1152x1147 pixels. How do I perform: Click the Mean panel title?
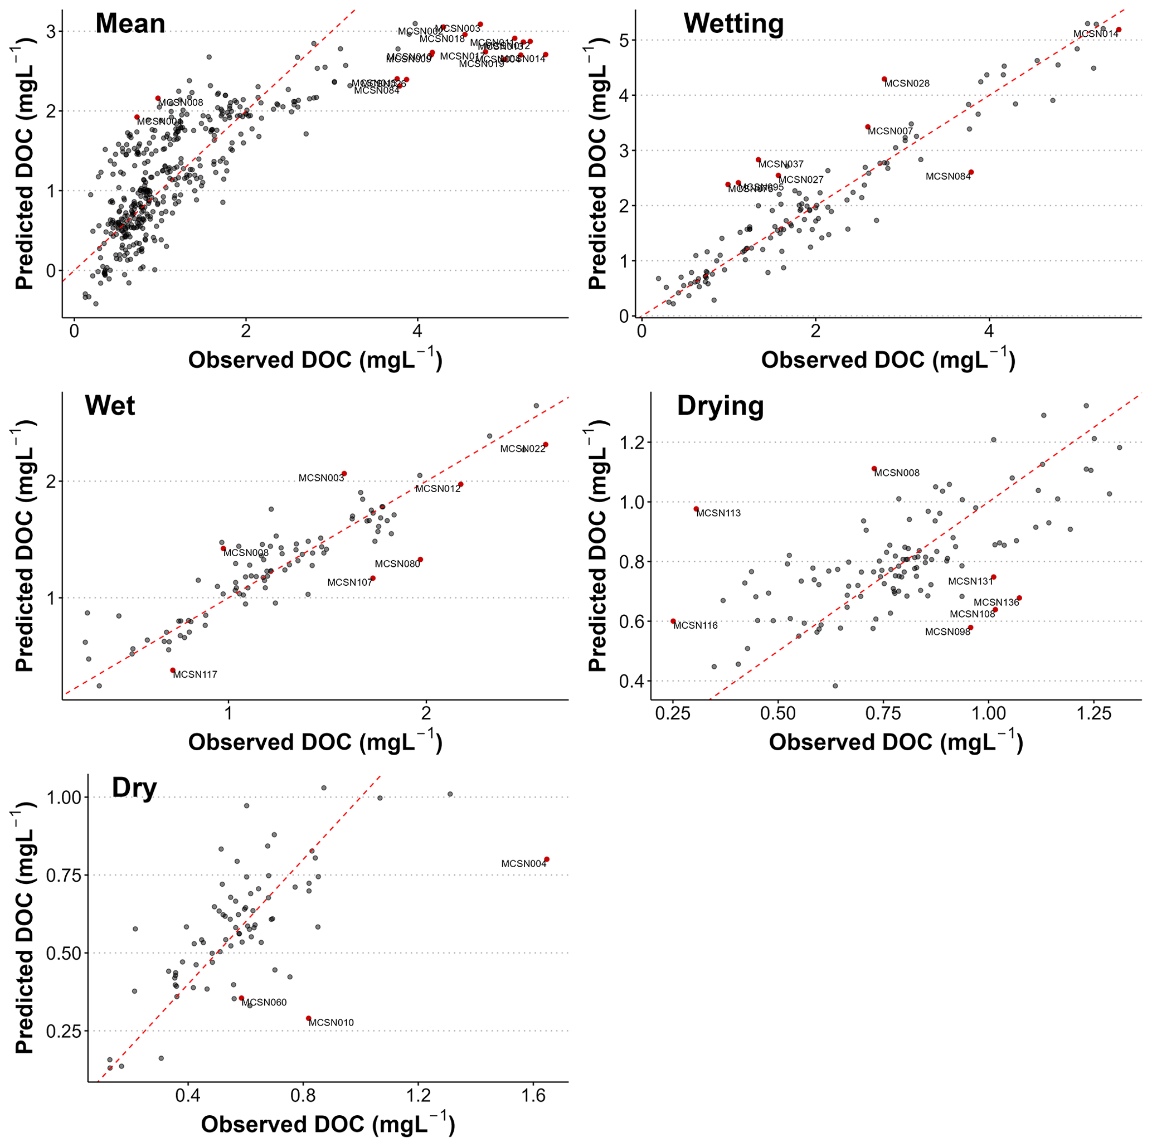pos(130,24)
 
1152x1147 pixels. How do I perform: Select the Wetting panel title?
pos(733,24)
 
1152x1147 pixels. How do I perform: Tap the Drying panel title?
pos(720,406)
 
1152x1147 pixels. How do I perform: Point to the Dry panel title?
pos(134,788)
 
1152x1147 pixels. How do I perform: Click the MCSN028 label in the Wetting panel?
pos(907,84)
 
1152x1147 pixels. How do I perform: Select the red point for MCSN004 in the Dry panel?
pos(547,859)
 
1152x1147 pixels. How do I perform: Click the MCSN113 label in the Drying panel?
pos(718,513)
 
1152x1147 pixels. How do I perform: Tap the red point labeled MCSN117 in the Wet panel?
pos(173,670)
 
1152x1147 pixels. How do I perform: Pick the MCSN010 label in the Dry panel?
pos(331,1023)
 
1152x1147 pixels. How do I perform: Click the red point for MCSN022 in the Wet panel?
pos(546,445)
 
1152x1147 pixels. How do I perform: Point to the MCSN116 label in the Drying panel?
pos(695,626)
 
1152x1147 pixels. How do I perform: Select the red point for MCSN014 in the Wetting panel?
pos(1119,30)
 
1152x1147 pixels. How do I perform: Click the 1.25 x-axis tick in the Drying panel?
pos(1094,713)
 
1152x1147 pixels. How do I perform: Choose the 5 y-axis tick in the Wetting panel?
pos(624,41)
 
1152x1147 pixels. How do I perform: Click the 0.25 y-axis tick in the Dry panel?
pos(62,1031)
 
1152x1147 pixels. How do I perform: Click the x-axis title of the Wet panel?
pos(315,742)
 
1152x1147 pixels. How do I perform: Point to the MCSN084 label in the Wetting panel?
pos(948,177)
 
